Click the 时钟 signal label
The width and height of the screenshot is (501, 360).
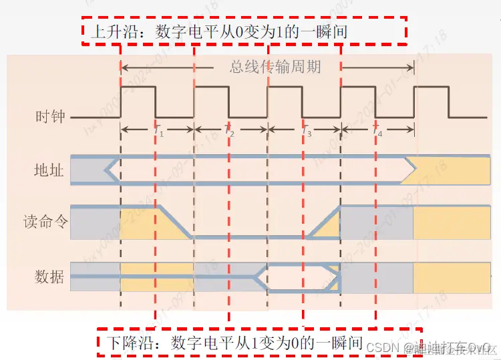tap(50, 116)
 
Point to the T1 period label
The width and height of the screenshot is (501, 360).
tap(158, 132)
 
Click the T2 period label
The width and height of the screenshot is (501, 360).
tap(230, 132)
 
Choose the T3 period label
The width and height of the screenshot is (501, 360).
tap(307, 132)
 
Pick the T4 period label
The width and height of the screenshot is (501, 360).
tap(378, 132)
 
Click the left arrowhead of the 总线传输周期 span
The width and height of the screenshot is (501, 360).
tap(124, 67)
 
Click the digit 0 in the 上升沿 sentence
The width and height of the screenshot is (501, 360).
tap(242, 31)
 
